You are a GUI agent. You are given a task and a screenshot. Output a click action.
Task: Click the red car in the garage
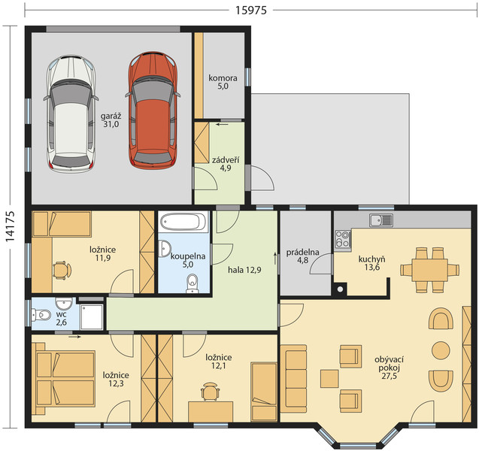[x=153, y=110]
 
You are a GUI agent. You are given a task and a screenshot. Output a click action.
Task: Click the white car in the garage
[x=71, y=114]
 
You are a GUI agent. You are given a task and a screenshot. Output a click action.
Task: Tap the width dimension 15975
[x=251, y=11]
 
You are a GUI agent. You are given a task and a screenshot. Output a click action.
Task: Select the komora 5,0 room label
[x=223, y=82]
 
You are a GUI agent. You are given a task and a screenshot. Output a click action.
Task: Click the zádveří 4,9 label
[x=226, y=164]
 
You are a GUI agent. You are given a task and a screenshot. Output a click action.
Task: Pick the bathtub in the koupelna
[x=183, y=222]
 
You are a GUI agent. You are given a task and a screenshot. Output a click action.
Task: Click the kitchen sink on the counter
[x=381, y=219]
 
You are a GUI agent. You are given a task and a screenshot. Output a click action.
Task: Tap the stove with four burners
[x=342, y=239]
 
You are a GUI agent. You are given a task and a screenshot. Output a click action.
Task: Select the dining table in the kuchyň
[x=429, y=270]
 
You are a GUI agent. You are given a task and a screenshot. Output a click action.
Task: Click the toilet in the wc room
[x=41, y=315]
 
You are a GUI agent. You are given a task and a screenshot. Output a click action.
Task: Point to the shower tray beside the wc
[x=92, y=316]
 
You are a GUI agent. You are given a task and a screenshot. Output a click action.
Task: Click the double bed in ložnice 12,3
[x=65, y=379]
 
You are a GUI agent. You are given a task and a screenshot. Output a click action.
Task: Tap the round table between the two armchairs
[x=441, y=350]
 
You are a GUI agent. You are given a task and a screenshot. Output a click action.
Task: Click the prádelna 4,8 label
[x=302, y=256]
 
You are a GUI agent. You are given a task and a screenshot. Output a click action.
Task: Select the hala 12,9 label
[x=244, y=270]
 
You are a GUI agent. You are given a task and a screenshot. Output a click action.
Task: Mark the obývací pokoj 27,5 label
[x=389, y=368]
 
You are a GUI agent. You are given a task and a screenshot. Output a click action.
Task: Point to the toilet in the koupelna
[x=193, y=283]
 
